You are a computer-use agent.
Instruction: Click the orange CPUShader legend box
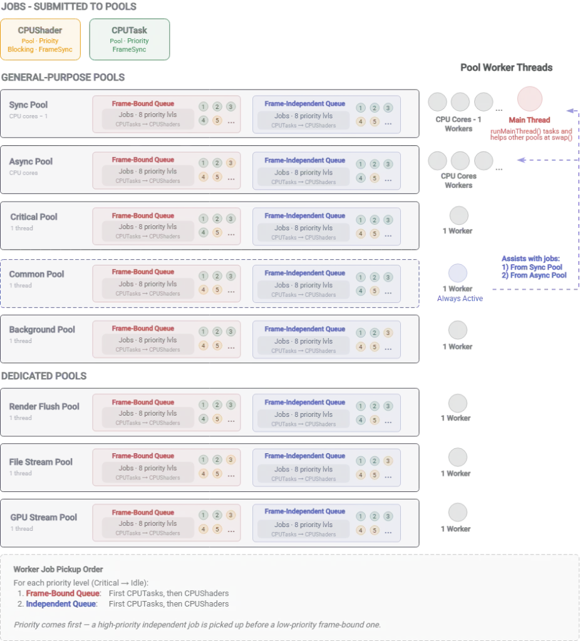41,39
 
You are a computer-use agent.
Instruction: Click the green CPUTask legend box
130,39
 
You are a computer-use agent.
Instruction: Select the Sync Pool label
29,105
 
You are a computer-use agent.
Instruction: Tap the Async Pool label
31,161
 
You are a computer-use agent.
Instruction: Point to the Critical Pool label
34,217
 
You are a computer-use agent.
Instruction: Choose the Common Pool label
36,274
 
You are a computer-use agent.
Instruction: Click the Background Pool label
42,329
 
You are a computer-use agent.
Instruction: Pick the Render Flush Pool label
44,406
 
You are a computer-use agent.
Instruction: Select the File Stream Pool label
41,461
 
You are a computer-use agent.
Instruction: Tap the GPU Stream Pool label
43,517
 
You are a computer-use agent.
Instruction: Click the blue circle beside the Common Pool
458,273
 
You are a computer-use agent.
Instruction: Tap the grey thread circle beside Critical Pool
458,216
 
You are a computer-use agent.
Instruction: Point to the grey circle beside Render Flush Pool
458,401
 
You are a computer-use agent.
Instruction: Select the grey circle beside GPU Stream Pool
458,512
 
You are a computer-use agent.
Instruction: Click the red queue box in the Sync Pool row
166,114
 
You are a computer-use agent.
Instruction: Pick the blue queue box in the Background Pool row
326,339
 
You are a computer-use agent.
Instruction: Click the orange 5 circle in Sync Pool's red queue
217,121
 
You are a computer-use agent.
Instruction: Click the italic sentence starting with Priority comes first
197,624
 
